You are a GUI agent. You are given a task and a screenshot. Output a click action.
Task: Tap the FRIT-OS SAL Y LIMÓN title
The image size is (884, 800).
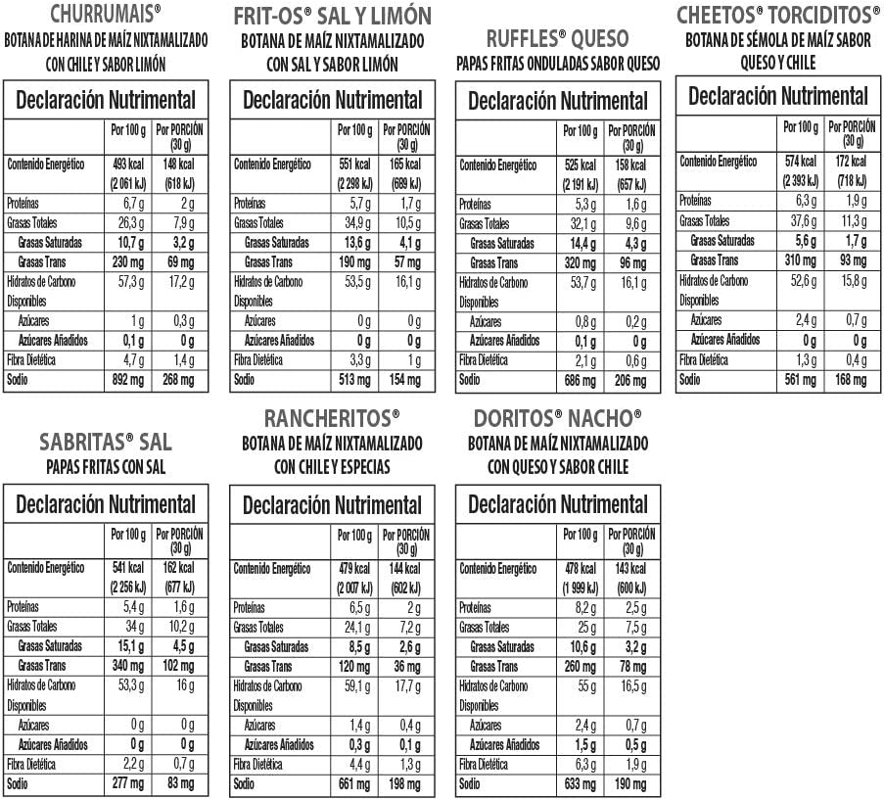332,17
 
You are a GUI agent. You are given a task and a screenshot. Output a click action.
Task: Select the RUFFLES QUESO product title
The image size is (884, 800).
557,38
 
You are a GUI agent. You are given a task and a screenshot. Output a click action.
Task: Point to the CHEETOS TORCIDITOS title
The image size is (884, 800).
778,15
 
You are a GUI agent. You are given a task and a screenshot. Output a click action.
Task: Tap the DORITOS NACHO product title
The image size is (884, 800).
557,418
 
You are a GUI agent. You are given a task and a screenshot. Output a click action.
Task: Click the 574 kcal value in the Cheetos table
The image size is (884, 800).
800,161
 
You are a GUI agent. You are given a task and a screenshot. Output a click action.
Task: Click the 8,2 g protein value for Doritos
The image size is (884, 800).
582,607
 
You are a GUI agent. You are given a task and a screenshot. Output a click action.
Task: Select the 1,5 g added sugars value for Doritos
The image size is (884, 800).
582,745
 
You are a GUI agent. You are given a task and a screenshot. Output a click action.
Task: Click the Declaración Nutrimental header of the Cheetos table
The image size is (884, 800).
778,96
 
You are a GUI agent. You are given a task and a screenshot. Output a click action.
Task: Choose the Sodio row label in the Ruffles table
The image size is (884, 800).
470,380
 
